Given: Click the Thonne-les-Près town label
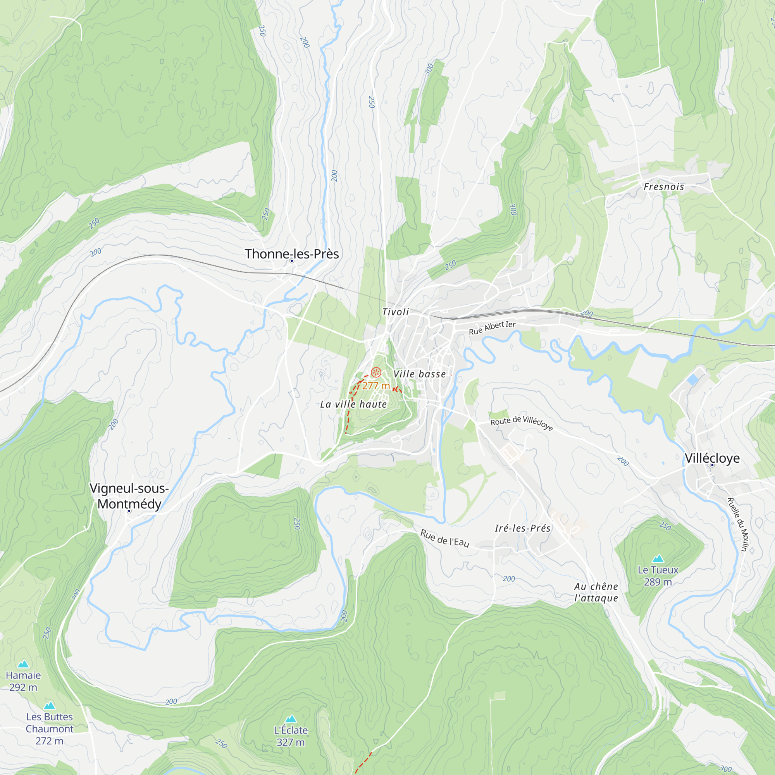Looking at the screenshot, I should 292,254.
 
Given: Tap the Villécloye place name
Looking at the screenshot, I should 712,458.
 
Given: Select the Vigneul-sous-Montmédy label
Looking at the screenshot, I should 129,496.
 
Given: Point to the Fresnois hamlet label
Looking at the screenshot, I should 664,186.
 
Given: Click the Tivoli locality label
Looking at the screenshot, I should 395,312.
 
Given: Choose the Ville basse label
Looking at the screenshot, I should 419,374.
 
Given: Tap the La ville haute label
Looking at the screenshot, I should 353,404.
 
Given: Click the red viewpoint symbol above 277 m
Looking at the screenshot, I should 376,372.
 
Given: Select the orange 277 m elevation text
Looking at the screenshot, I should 376,386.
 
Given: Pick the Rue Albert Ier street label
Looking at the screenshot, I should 492,328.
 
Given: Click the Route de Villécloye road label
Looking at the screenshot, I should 522,423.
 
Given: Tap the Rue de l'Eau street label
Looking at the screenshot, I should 444,538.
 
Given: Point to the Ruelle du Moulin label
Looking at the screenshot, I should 738,524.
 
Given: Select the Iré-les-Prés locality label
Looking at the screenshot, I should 522,528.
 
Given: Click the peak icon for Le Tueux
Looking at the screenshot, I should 658,558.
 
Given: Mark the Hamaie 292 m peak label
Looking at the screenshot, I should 23,681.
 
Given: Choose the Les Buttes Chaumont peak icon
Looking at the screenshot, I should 49,705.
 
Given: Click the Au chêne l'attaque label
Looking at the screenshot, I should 596,592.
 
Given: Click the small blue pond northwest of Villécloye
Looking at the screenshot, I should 692,379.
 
